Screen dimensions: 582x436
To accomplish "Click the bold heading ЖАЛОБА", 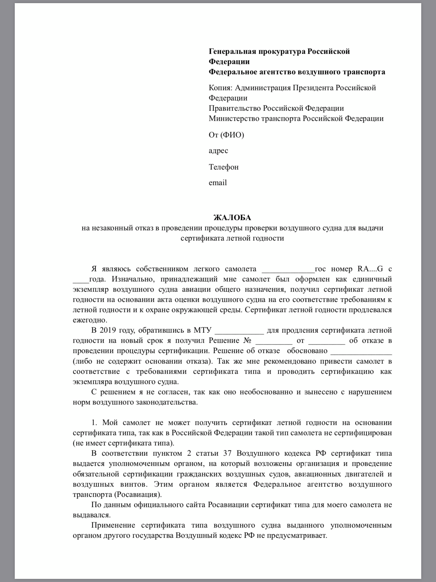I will tap(232, 218).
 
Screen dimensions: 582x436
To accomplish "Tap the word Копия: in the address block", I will tap(221, 88).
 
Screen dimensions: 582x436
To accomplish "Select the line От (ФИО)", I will tap(226, 135).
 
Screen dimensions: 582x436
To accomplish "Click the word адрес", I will tap(218, 151).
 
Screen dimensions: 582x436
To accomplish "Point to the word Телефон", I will tap(224, 167).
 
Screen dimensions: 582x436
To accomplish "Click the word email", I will tap(218, 183).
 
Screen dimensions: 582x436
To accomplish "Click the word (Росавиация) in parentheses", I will tap(138, 495).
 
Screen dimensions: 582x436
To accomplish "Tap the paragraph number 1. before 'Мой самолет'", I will tap(94, 423).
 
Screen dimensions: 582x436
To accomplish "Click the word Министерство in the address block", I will tap(234, 119).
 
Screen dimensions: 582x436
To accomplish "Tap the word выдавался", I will tap(91, 515).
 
